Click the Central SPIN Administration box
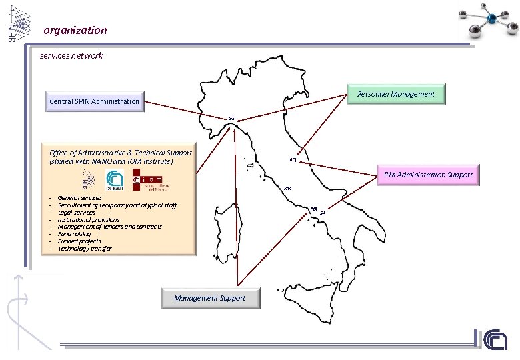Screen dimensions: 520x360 coord(95,101)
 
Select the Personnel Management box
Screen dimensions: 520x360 coord(396,94)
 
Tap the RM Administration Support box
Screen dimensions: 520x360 coord(427,175)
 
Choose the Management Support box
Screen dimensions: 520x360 coord(209,298)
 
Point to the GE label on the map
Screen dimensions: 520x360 coord(231,118)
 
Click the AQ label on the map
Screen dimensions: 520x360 coord(293,160)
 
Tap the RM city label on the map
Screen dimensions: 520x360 coord(287,189)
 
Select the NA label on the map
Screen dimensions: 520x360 coord(313,209)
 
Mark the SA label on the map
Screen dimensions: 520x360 coord(323,213)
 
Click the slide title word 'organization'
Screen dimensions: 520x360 coord(75,30)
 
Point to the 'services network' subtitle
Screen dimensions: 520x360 coord(71,55)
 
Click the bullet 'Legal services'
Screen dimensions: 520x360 coord(76,212)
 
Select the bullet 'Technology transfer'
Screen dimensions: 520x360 coord(85,249)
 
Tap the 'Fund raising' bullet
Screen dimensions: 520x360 coord(74,234)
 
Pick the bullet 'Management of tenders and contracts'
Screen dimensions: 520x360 coord(109,227)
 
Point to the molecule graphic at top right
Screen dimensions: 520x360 coord(483,22)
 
